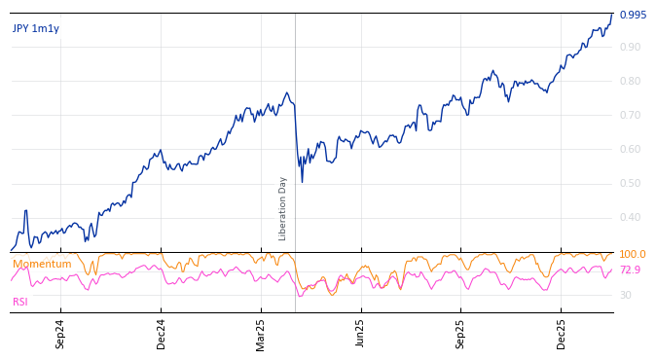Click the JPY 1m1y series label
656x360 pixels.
click(36, 29)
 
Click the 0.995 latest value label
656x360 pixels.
click(633, 16)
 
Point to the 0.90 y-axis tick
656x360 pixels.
click(630, 48)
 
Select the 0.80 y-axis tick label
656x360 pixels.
click(630, 82)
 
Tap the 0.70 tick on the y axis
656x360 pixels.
click(630, 116)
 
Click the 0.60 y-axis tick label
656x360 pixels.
click(630, 150)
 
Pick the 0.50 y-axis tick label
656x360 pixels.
click(630, 184)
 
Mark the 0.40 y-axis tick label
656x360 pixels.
click(630, 218)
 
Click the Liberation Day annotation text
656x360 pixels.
click(283, 208)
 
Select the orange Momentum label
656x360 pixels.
click(42, 265)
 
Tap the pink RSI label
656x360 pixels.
click(20, 303)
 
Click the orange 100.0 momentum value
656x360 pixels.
click(633, 255)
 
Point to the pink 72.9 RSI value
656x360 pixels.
click(630, 270)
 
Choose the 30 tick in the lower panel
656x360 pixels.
click(625, 296)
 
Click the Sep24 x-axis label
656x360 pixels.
click(60, 334)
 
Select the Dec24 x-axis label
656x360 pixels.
click(161, 334)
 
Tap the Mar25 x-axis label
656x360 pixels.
click(261, 334)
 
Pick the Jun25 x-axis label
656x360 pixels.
click(361, 334)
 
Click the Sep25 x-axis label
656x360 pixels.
click(461, 334)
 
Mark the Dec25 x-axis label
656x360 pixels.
click(562, 334)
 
